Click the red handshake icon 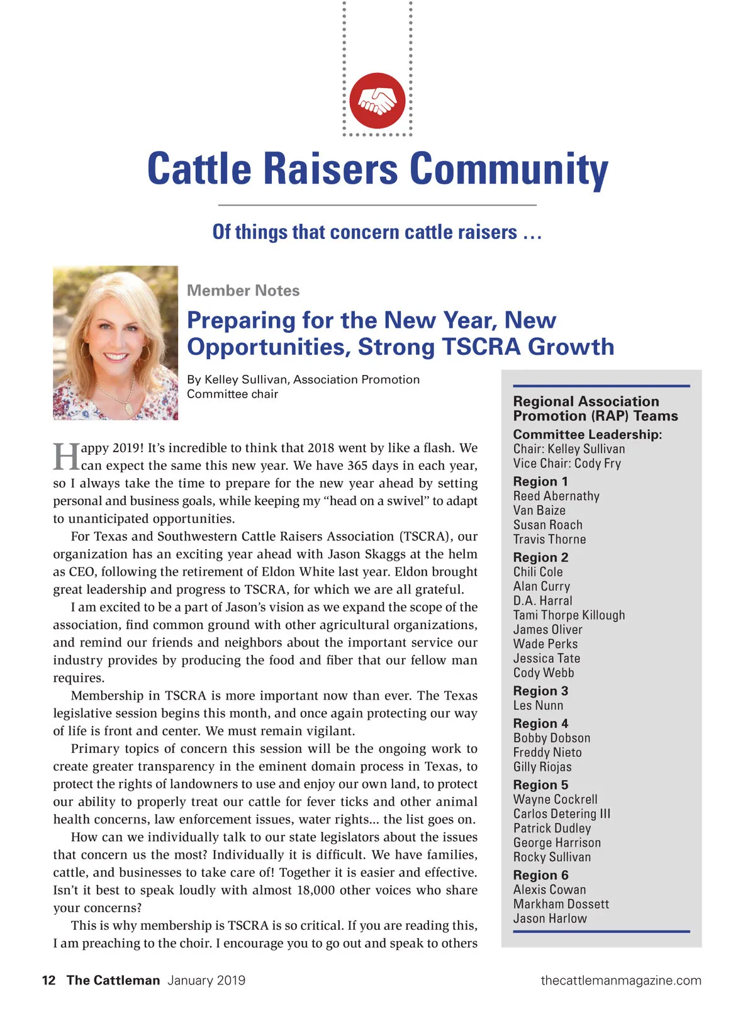(377, 101)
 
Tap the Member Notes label (243, 291)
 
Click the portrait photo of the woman (116, 343)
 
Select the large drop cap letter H (66, 457)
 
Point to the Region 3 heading (540, 691)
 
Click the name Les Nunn (538, 705)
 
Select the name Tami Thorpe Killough (569, 615)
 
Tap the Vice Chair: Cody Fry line (567, 464)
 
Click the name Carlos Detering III (561, 814)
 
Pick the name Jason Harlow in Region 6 (549, 918)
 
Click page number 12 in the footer (48, 980)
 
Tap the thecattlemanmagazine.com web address (620, 980)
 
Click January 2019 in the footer (206, 980)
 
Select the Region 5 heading (540, 785)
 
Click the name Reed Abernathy (556, 496)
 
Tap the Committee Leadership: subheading (587, 435)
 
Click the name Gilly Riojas (542, 767)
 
